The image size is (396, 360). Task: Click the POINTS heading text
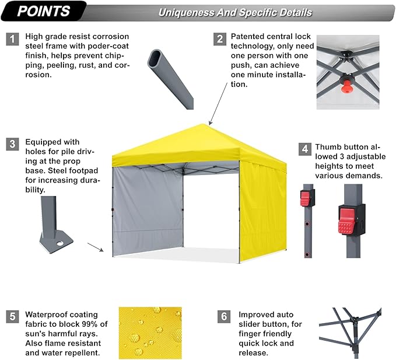click(44, 11)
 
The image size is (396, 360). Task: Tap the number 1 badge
click(12, 39)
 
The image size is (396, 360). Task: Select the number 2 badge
click(220, 39)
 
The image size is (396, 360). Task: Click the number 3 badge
click(12, 144)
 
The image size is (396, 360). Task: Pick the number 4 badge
click(305, 148)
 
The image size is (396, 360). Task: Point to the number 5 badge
click(12, 317)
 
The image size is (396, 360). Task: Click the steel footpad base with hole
click(55, 239)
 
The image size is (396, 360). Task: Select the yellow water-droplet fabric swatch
click(150, 333)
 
